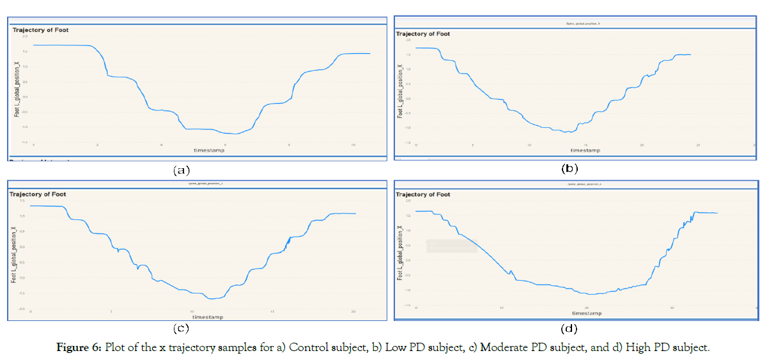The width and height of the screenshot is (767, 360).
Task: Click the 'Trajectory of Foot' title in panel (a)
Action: (40, 30)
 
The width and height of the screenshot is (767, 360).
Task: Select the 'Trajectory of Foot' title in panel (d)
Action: (422, 194)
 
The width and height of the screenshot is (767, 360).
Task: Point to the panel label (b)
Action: (569, 169)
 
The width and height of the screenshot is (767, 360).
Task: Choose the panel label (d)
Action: (569, 329)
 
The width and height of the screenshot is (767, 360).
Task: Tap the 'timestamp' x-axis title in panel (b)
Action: (585, 150)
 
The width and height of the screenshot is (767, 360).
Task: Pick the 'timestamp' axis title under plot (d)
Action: (586, 313)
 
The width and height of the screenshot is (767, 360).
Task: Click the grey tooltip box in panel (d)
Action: (451, 246)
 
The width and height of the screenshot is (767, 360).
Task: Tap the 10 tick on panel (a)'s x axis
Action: (353, 145)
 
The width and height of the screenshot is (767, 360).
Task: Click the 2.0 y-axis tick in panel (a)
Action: (25, 36)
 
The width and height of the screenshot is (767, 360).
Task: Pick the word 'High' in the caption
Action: (637, 347)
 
